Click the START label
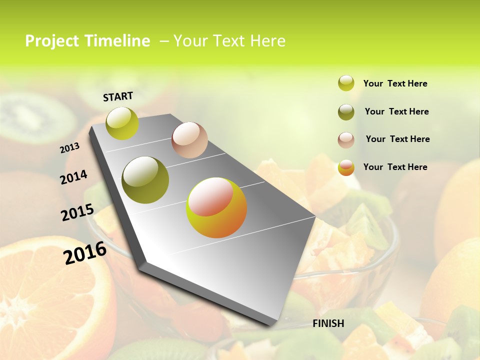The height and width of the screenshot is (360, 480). coord(118,96)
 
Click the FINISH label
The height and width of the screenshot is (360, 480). coord(328,323)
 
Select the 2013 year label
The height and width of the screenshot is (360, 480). coord(70,148)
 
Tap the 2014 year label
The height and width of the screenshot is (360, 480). coord(74,177)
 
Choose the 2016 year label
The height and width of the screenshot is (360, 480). coord(85,252)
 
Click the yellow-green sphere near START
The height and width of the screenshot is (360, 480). coord(122,123)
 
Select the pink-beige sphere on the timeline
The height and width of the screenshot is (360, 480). coord(189,140)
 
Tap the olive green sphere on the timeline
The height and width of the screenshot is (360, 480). coord(145,180)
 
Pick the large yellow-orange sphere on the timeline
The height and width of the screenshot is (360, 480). coord(216,207)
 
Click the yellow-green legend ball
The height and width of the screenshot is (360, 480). coord(346,83)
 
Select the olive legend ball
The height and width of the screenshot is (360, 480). coord(346,112)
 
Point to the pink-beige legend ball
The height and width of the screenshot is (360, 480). coord(346,140)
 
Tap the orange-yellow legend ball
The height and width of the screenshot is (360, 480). coord(346,167)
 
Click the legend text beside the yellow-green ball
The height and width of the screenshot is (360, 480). coord(395,83)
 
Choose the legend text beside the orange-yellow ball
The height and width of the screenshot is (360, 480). coord(395,167)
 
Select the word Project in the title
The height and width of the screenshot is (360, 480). coord(52,41)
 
